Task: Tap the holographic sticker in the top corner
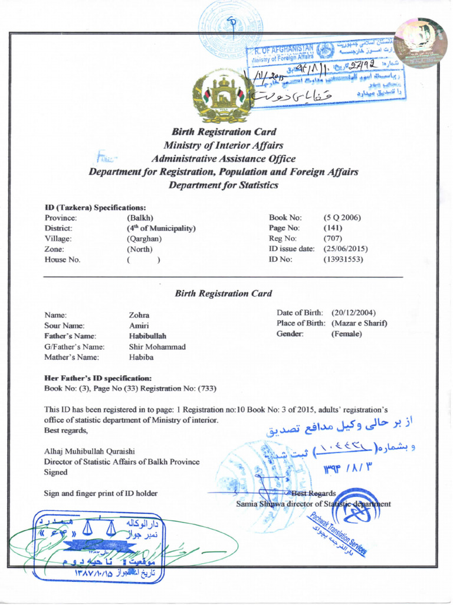point(420,43)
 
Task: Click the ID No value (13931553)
point(343,259)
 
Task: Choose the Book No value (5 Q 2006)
point(342,218)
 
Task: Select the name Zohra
point(139,315)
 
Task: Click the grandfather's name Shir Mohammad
point(157,347)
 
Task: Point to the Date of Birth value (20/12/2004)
point(353,313)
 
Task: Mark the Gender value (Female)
point(347,334)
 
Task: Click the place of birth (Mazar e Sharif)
point(359,323)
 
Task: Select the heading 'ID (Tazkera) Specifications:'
point(96,207)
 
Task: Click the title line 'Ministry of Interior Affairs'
point(224,145)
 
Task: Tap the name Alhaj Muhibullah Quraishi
point(94,451)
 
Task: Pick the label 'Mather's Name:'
point(71,357)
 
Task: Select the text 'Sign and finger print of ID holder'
point(101,493)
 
